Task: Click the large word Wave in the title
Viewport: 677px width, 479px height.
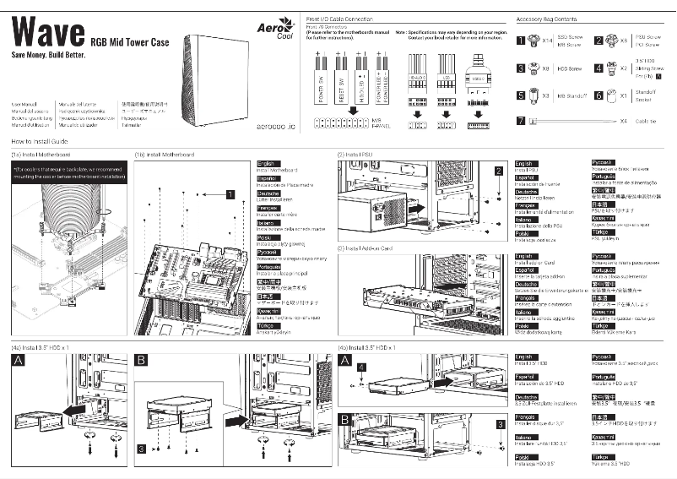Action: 46,33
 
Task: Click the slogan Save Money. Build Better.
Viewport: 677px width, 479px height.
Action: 47,54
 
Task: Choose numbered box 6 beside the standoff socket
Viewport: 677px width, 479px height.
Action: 598,95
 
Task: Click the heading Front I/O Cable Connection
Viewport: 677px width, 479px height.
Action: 338,18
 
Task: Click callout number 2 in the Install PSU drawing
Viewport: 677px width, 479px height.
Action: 499,170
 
